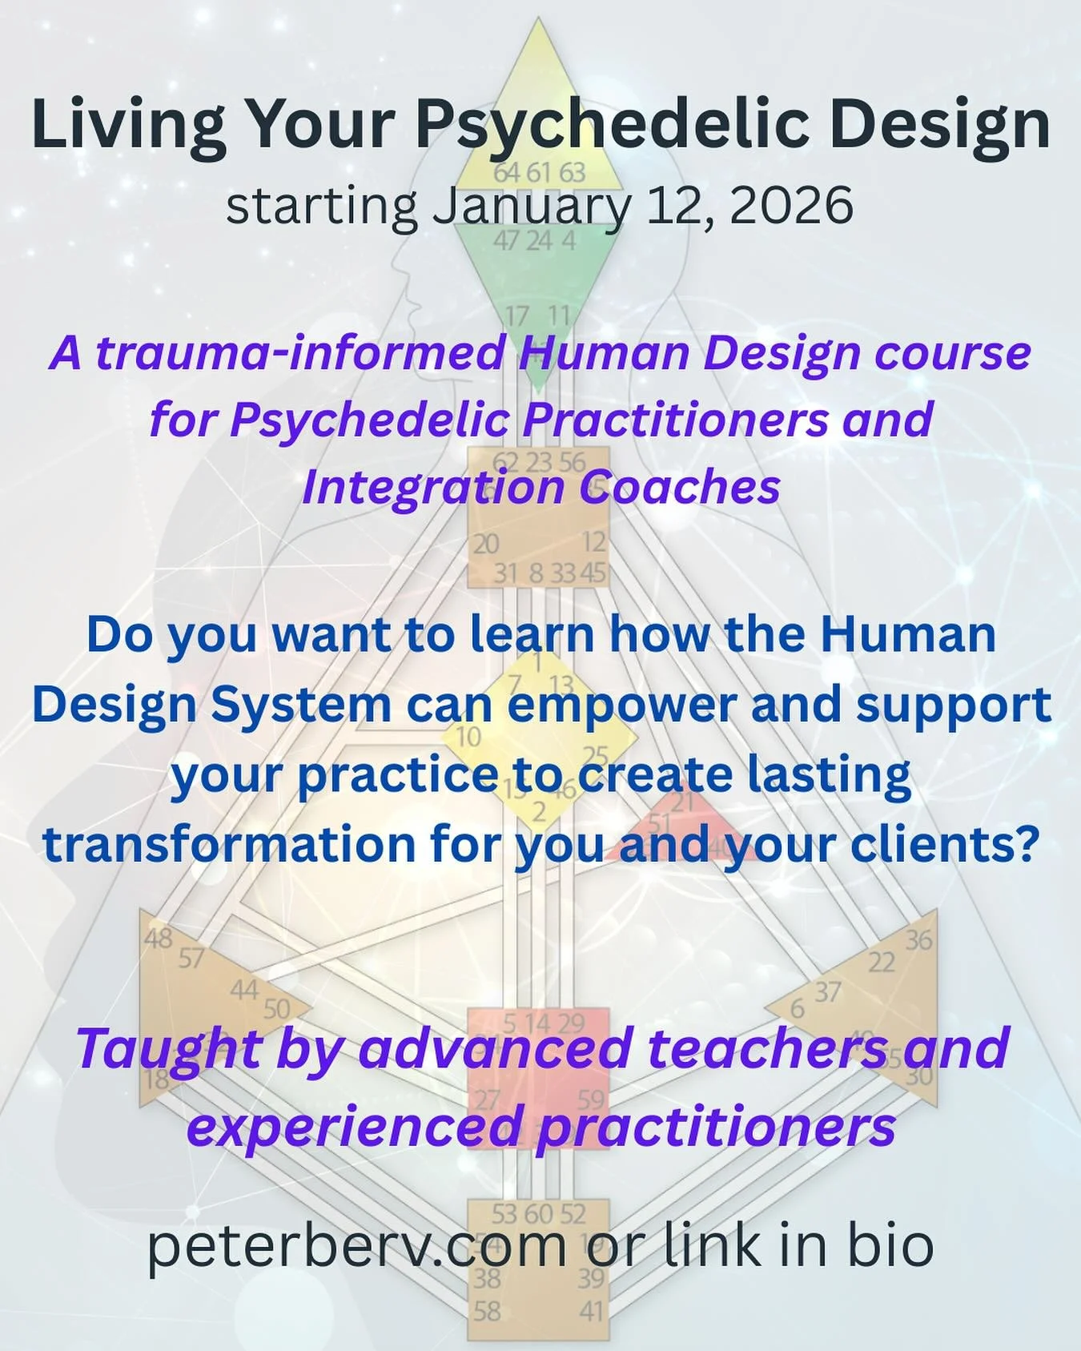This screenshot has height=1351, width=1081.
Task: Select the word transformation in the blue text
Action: pyautogui.click(x=229, y=844)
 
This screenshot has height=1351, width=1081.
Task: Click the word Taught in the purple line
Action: pyautogui.click(x=168, y=1049)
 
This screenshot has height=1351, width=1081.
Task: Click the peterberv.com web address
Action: pyautogui.click(x=356, y=1246)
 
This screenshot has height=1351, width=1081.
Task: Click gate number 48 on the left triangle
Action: pyautogui.click(x=158, y=938)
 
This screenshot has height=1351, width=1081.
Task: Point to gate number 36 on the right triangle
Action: pyautogui.click(x=918, y=939)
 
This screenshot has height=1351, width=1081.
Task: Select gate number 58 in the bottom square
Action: pyautogui.click(x=487, y=1311)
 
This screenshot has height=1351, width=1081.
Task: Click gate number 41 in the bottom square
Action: pyautogui.click(x=591, y=1311)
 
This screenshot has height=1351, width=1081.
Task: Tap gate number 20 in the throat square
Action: pyautogui.click(x=486, y=545)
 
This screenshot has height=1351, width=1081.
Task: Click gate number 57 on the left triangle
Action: pyautogui.click(x=191, y=958)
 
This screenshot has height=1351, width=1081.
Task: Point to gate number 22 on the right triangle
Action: pyautogui.click(x=882, y=962)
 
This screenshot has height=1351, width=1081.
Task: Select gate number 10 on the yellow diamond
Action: pyautogui.click(x=468, y=737)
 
